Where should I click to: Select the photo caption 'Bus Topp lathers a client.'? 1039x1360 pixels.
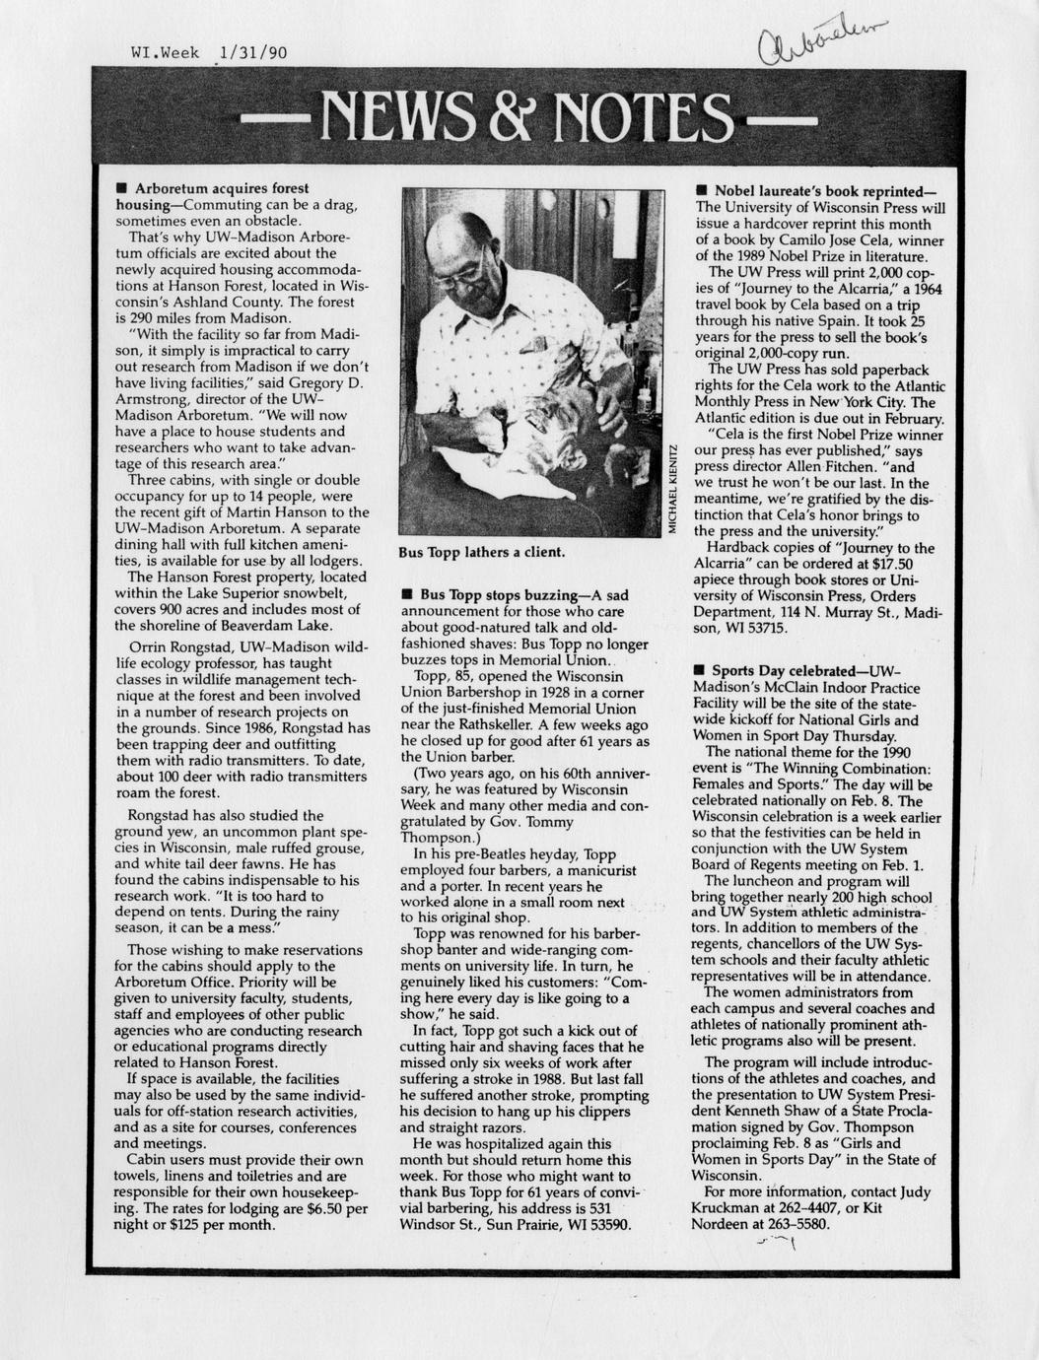tap(481, 552)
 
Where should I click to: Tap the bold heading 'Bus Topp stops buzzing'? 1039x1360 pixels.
tap(497, 596)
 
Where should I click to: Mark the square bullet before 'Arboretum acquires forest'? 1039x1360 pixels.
tap(120, 187)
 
